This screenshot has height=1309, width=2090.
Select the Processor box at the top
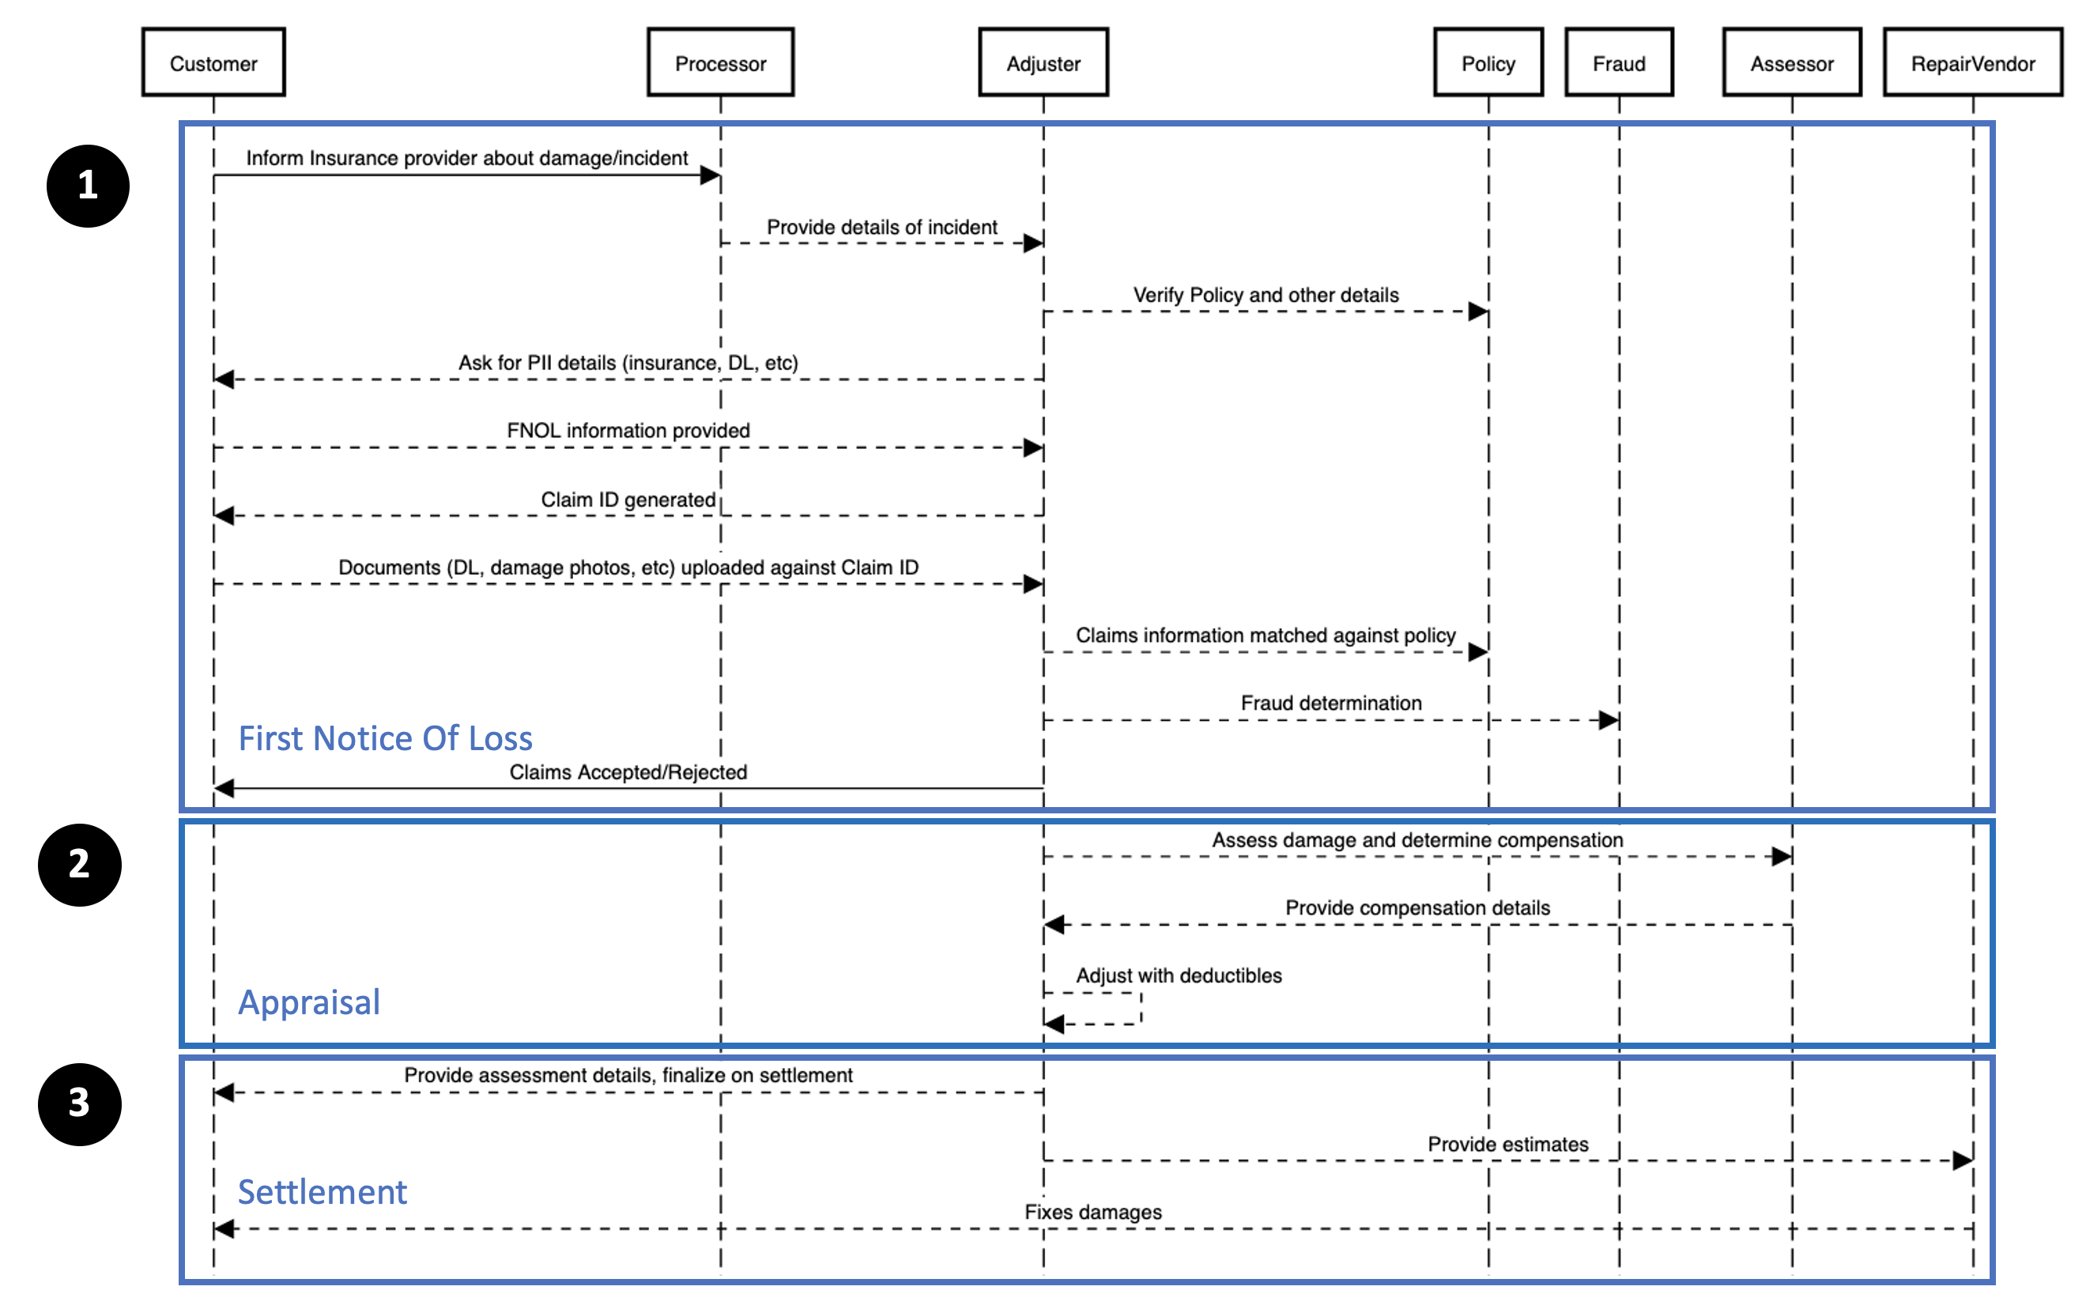(719, 62)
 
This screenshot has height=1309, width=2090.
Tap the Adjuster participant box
(1043, 62)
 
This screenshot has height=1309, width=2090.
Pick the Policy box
(1488, 62)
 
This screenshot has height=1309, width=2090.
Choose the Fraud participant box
(1618, 62)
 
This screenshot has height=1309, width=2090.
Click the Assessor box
(1791, 62)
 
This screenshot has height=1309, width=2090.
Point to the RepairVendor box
(1972, 62)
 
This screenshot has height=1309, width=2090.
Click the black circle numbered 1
(88, 185)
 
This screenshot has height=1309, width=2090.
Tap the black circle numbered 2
(80, 864)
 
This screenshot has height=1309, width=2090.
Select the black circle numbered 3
(80, 1103)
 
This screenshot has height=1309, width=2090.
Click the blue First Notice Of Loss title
(385, 737)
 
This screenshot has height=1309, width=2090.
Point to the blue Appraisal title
(309, 1002)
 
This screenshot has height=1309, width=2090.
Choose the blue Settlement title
(322, 1192)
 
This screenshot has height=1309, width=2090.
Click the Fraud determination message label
(1330, 703)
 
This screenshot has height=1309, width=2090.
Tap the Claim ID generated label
(628, 500)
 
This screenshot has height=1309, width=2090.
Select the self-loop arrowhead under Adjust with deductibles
(1054, 1024)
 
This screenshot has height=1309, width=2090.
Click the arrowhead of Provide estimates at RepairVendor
(1962, 1160)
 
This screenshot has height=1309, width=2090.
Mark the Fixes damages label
(1092, 1212)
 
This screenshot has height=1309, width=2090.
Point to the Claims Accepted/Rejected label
(628, 772)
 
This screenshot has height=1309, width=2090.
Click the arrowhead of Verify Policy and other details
(1477, 311)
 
